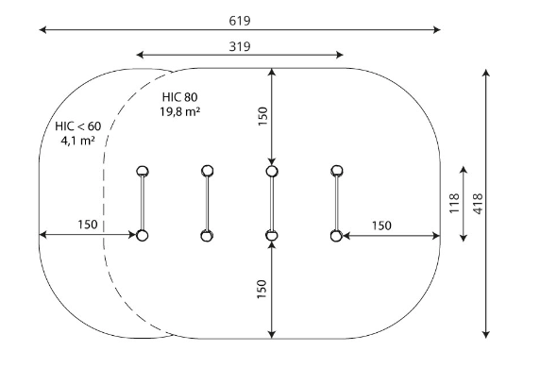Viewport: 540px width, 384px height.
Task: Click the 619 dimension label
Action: click(240, 21)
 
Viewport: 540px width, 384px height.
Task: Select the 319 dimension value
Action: click(240, 46)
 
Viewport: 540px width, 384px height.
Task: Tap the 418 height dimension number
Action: click(479, 204)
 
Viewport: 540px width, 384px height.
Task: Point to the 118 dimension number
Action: click(454, 203)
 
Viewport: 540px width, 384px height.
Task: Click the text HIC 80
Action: click(179, 97)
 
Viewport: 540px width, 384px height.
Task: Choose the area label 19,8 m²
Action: click(179, 111)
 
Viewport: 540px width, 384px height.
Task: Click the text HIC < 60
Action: click(78, 126)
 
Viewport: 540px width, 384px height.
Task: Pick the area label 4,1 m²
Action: click(78, 141)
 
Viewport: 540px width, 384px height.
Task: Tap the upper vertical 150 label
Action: click(262, 116)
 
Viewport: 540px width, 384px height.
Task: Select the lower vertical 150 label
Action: click(262, 289)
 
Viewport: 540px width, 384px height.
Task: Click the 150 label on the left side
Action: click(88, 225)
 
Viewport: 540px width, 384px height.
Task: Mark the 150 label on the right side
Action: click(381, 225)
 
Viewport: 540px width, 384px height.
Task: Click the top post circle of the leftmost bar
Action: click(143, 171)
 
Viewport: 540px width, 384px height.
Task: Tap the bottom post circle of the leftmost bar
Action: click(142, 235)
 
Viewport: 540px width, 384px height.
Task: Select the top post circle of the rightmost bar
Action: click(337, 171)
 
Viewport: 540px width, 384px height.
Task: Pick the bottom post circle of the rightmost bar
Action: click(336, 236)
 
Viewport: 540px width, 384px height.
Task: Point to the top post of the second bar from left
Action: click(208, 171)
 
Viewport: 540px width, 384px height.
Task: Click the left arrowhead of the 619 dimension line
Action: click(42, 30)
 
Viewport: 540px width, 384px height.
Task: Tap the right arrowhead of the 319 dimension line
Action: click(340, 55)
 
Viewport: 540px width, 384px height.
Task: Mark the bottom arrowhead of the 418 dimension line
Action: click(485, 334)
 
